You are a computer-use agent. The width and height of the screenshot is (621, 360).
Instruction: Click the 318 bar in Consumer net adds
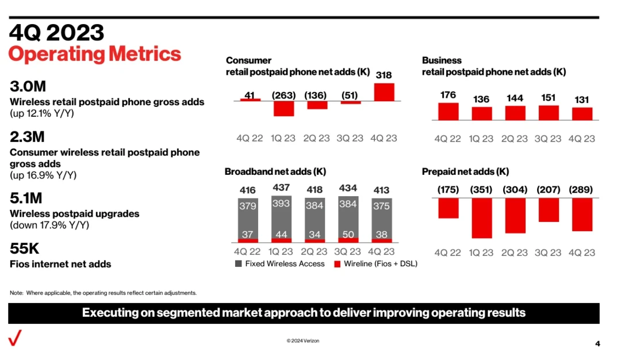[x=384, y=92]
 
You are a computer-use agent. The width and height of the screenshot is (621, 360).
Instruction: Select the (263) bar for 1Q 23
[x=283, y=109]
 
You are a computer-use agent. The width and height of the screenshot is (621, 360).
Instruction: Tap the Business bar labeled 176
[x=448, y=112]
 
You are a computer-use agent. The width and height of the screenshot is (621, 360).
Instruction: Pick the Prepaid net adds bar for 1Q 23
[x=481, y=218]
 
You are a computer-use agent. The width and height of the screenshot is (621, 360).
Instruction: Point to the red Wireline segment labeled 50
[x=348, y=240]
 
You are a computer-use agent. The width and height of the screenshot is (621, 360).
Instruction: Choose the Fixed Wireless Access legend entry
[x=280, y=264]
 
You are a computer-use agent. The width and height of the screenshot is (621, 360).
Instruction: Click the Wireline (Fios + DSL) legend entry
[x=376, y=264]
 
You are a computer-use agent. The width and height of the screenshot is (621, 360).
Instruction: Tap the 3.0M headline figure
[x=28, y=87]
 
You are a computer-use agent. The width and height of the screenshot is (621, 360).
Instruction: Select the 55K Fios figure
[x=25, y=249]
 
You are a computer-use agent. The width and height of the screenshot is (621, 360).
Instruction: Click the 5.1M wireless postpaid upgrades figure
[x=26, y=198]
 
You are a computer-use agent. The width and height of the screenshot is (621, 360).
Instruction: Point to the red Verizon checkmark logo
[x=15, y=339]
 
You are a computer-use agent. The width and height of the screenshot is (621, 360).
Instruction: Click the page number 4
[x=597, y=344]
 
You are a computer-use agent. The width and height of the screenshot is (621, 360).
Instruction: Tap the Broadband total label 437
[x=281, y=187]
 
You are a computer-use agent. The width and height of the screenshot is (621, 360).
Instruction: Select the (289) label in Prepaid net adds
[x=581, y=190]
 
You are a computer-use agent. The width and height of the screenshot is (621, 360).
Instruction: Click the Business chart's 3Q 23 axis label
[x=548, y=139]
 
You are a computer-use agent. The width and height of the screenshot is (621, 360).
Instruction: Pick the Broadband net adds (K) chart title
[x=275, y=171]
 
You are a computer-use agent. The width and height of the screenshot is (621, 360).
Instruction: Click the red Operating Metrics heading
[x=95, y=54]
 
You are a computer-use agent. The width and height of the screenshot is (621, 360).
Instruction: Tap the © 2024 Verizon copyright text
[x=303, y=341]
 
